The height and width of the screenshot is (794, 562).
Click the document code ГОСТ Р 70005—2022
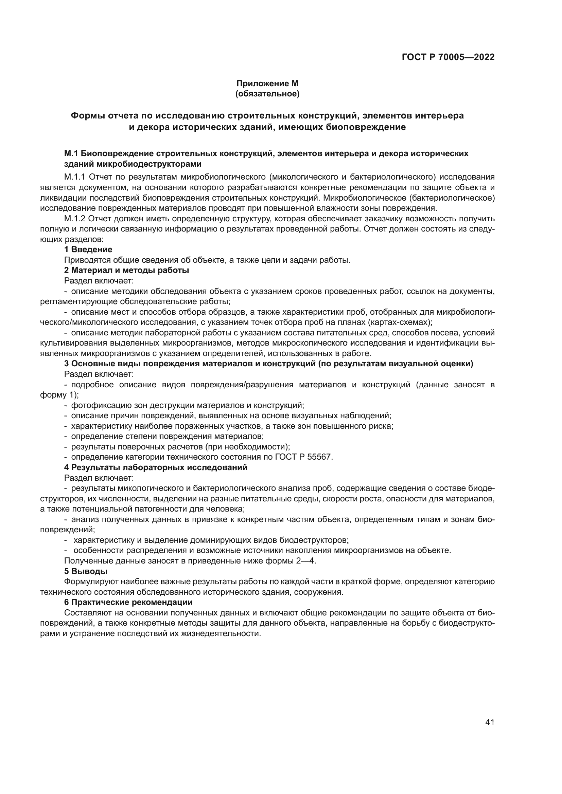point(448,57)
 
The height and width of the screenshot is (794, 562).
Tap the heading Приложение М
point(267,84)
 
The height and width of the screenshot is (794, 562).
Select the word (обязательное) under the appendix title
point(267,94)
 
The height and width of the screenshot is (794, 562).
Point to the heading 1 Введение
point(88,250)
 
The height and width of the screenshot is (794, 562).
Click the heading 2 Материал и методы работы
point(127,270)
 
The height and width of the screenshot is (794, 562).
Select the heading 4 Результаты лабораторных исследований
point(156,467)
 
